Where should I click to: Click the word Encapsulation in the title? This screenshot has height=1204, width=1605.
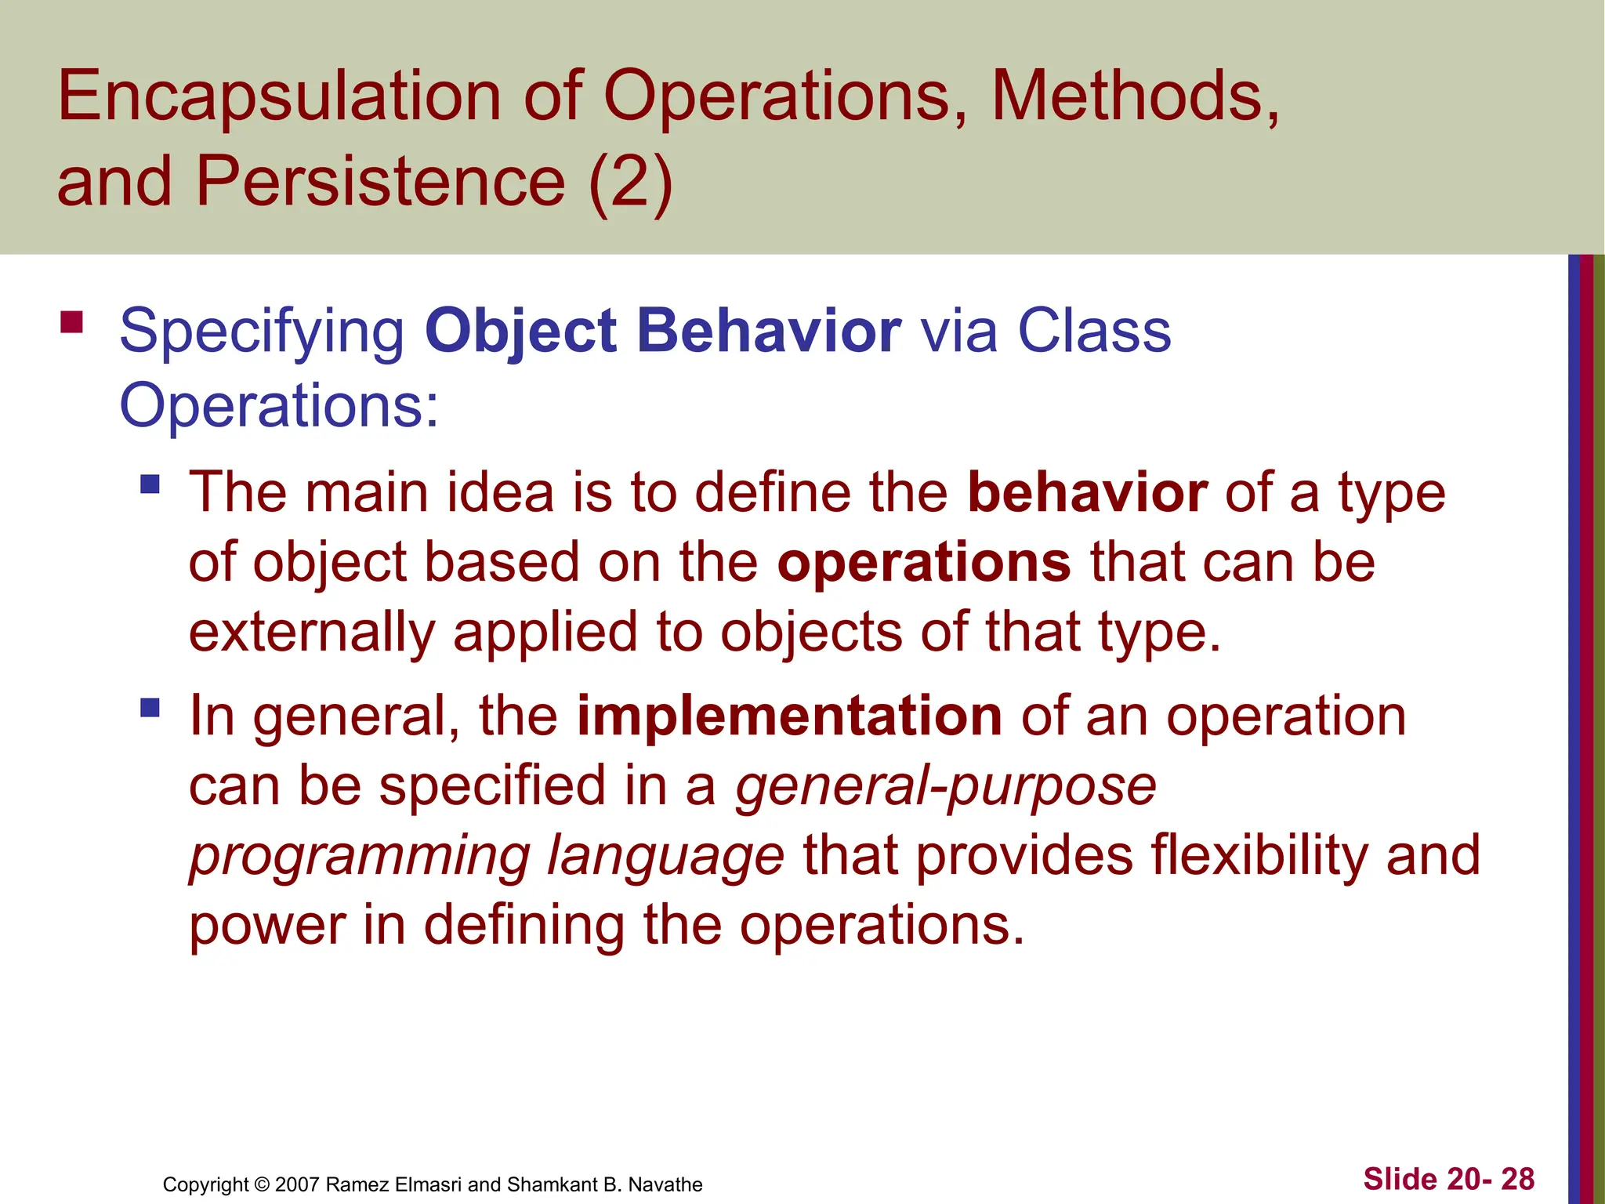coord(279,97)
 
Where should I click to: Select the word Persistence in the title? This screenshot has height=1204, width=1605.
coord(381,182)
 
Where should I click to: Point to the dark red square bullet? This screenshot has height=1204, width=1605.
coord(71,323)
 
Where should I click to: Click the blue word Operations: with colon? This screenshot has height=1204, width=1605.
coord(279,405)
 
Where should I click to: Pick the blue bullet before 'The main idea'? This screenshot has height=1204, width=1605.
coord(150,484)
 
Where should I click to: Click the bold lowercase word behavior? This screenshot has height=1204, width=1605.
coord(1087,493)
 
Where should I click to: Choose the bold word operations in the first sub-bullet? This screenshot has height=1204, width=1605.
coord(924,563)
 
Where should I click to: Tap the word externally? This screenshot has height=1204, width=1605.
coord(312,633)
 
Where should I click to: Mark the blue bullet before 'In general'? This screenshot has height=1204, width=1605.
coord(150,708)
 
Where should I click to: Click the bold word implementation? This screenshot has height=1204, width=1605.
coord(789,716)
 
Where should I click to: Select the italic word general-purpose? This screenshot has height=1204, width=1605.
coord(946,786)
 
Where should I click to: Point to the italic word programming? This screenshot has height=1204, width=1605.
coord(359,856)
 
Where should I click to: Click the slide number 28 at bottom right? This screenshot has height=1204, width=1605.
coord(1517,1179)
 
